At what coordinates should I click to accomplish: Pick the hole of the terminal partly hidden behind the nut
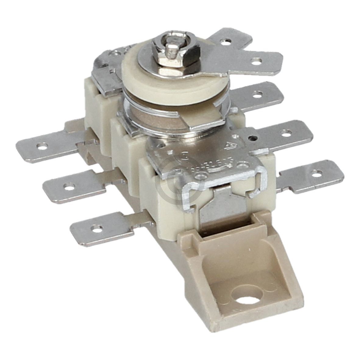point(226,43)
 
